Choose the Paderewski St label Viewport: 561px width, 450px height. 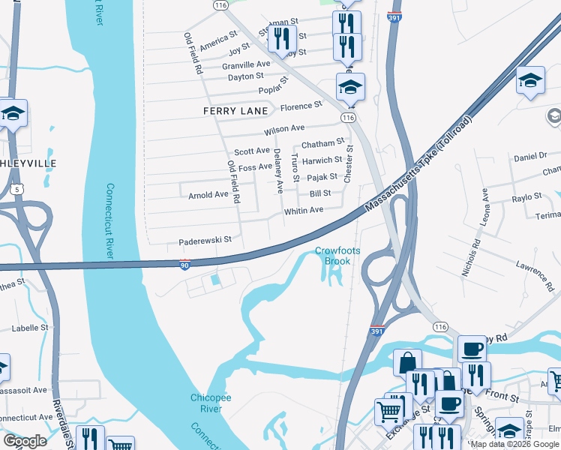(205, 241)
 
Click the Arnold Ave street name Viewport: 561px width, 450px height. (208, 194)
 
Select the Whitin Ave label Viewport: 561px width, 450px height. (303, 211)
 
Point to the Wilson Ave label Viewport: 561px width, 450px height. (284, 130)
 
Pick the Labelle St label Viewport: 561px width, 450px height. (30, 328)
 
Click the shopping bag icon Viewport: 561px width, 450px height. (406, 362)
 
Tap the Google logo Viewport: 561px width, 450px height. (25, 441)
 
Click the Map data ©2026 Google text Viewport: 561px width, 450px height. (514, 444)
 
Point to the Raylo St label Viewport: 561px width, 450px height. (526, 196)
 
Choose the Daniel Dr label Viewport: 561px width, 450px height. (531, 156)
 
